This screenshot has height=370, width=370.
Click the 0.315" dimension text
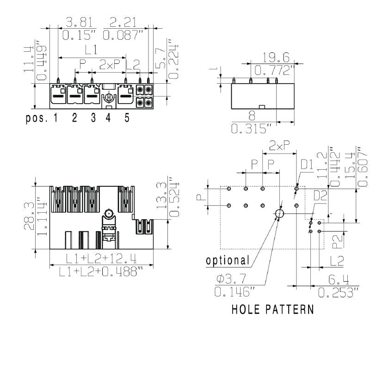point(252,129)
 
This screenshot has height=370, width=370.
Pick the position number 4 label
point(108,117)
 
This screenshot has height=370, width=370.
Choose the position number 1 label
point(55,117)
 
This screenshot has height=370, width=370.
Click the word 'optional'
point(228,260)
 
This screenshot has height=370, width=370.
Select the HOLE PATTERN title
point(272,309)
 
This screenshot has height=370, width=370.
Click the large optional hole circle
point(280,214)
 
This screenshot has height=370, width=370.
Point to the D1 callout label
point(308,164)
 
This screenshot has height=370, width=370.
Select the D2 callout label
point(320,196)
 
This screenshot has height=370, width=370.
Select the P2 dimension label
point(338,239)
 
